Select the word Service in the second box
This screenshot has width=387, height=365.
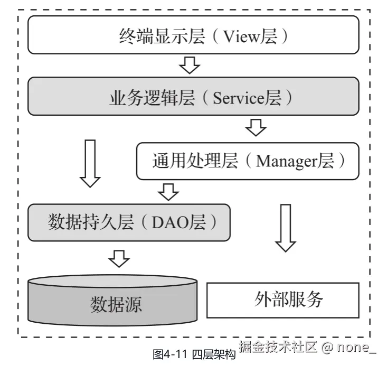coord(239,98)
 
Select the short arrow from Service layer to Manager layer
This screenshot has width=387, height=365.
coord(256,127)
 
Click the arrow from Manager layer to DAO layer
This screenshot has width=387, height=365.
coord(169,191)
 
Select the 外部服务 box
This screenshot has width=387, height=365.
coord(282,300)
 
